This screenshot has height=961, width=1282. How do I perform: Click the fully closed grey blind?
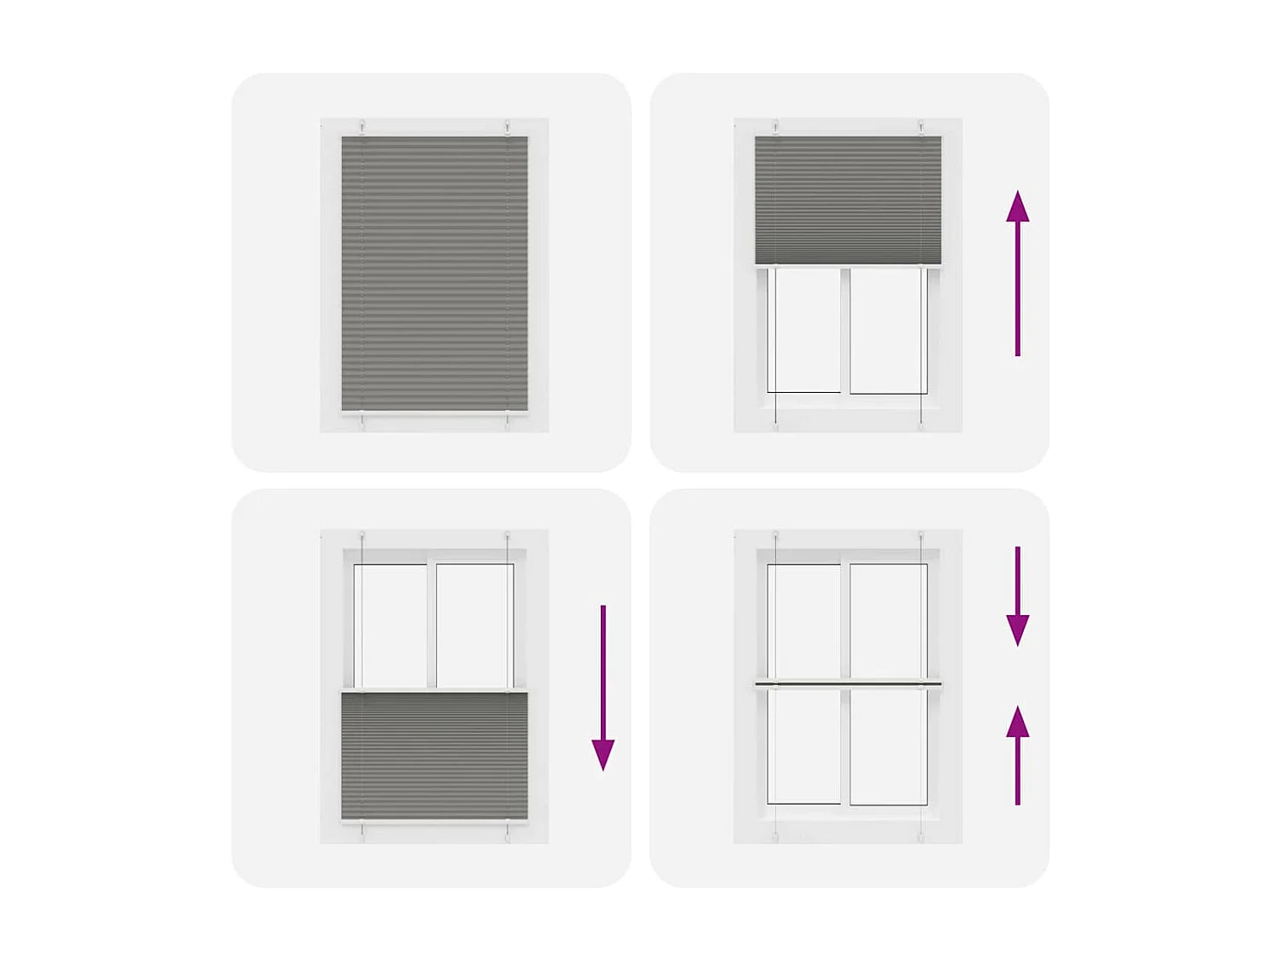coord(434,273)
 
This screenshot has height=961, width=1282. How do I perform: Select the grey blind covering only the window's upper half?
coord(848,200)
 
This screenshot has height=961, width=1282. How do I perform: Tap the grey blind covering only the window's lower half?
coord(434,755)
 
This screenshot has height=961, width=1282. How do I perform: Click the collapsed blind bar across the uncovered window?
coord(848,683)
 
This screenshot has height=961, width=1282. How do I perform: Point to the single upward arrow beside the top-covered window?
coord(1017,273)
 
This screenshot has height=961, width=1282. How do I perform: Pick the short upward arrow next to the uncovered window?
coord(1017,755)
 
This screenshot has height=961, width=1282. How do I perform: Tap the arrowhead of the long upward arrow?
coord(1017,207)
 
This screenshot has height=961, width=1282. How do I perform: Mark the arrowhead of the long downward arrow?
coord(603,754)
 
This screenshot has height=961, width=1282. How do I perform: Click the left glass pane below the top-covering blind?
coord(804,330)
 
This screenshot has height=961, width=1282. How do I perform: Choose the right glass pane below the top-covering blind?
coord(888,330)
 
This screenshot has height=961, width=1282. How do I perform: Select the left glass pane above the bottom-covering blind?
coord(391,625)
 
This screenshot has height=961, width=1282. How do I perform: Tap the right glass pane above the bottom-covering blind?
coord(474,625)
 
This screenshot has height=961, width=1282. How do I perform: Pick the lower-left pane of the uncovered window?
coord(804,746)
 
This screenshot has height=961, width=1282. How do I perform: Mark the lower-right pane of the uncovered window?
coord(888,746)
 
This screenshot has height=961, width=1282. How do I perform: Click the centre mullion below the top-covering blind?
coord(845,330)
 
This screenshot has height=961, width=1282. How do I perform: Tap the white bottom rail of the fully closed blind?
coord(434,413)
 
